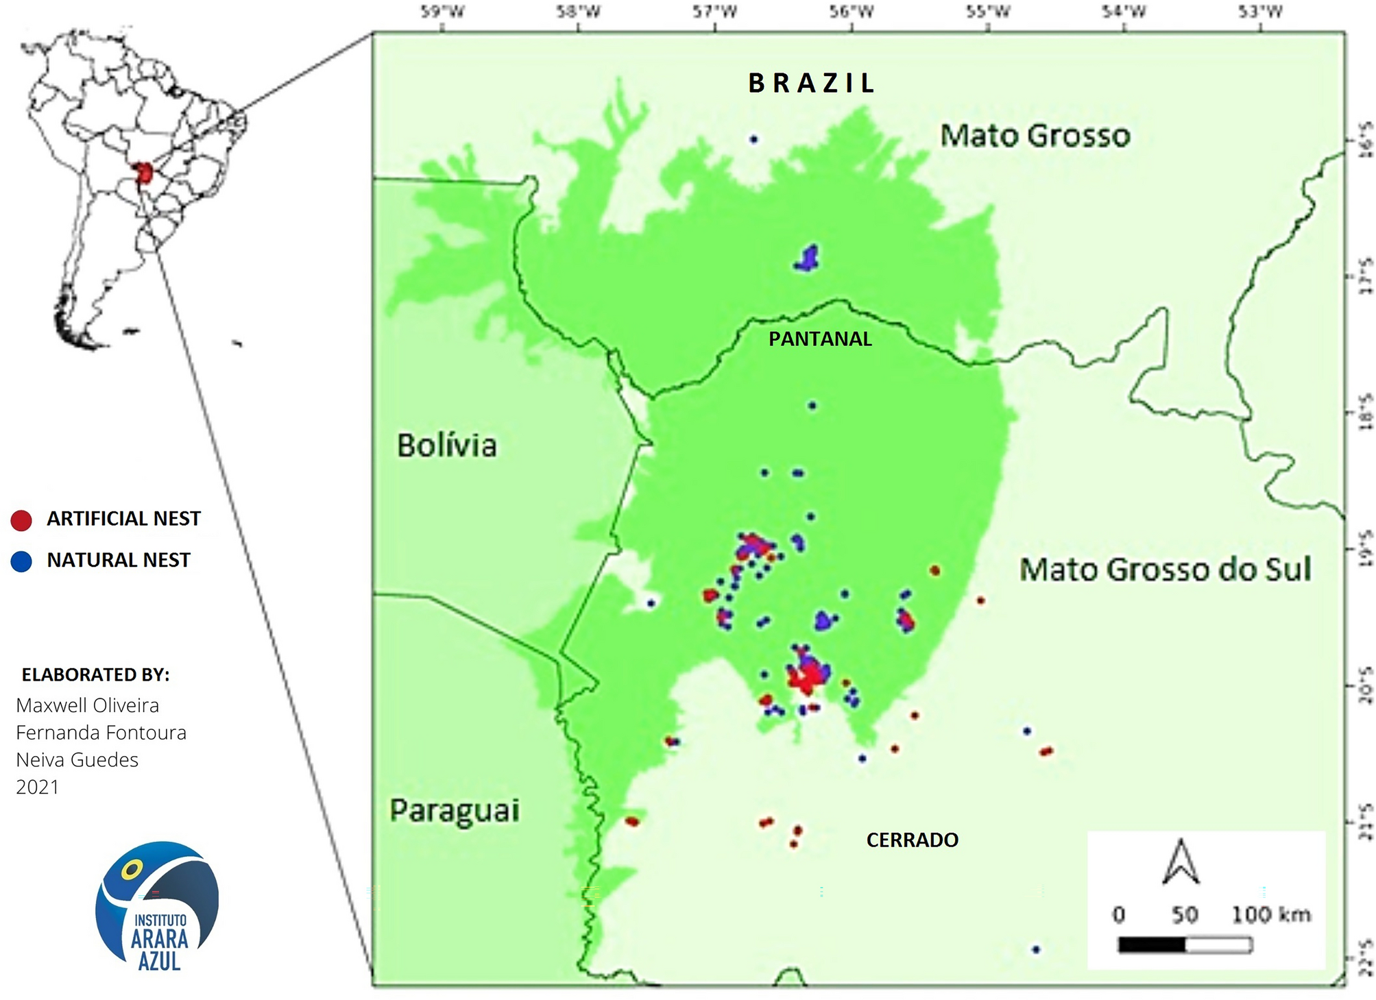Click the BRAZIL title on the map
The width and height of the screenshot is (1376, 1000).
click(x=811, y=84)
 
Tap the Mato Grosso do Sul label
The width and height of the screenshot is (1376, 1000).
click(x=1165, y=570)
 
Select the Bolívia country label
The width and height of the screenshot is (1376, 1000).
click(x=447, y=446)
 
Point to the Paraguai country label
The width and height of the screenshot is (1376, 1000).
click(x=455, y=810)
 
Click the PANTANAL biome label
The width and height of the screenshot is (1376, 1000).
click(x=820, y=339)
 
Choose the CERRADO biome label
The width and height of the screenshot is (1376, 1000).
click(x=912, y=840)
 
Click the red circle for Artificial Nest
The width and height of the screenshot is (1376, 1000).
click(x=21, y=520)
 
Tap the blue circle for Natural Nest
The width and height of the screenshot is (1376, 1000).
click(x=21, y=561)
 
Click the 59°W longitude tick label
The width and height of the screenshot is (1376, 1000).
click(x=442, y=12)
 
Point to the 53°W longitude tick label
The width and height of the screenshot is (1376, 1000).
click(x=1260, y=12)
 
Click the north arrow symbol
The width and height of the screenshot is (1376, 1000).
click(x=1181, y=863)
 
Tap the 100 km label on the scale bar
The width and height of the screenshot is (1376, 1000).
click(x=1270, y=914)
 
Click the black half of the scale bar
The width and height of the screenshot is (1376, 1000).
click(x=1151, y=946)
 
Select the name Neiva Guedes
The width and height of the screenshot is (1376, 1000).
click(x=77, y=760)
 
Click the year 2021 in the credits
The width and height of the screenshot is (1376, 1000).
click(x=37, y=787)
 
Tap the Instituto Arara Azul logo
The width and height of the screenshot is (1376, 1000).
click(x=158, y=906)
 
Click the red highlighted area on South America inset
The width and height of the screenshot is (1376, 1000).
click(x=144, y=173)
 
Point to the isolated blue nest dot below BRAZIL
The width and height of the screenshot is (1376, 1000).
click(x=753, y=140)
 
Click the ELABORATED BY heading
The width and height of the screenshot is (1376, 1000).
click(x=95, y=675)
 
